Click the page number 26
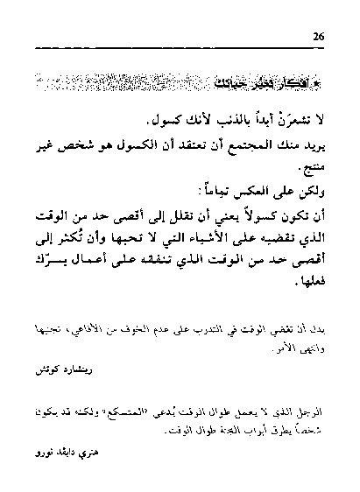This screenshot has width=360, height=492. pos(319,37)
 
